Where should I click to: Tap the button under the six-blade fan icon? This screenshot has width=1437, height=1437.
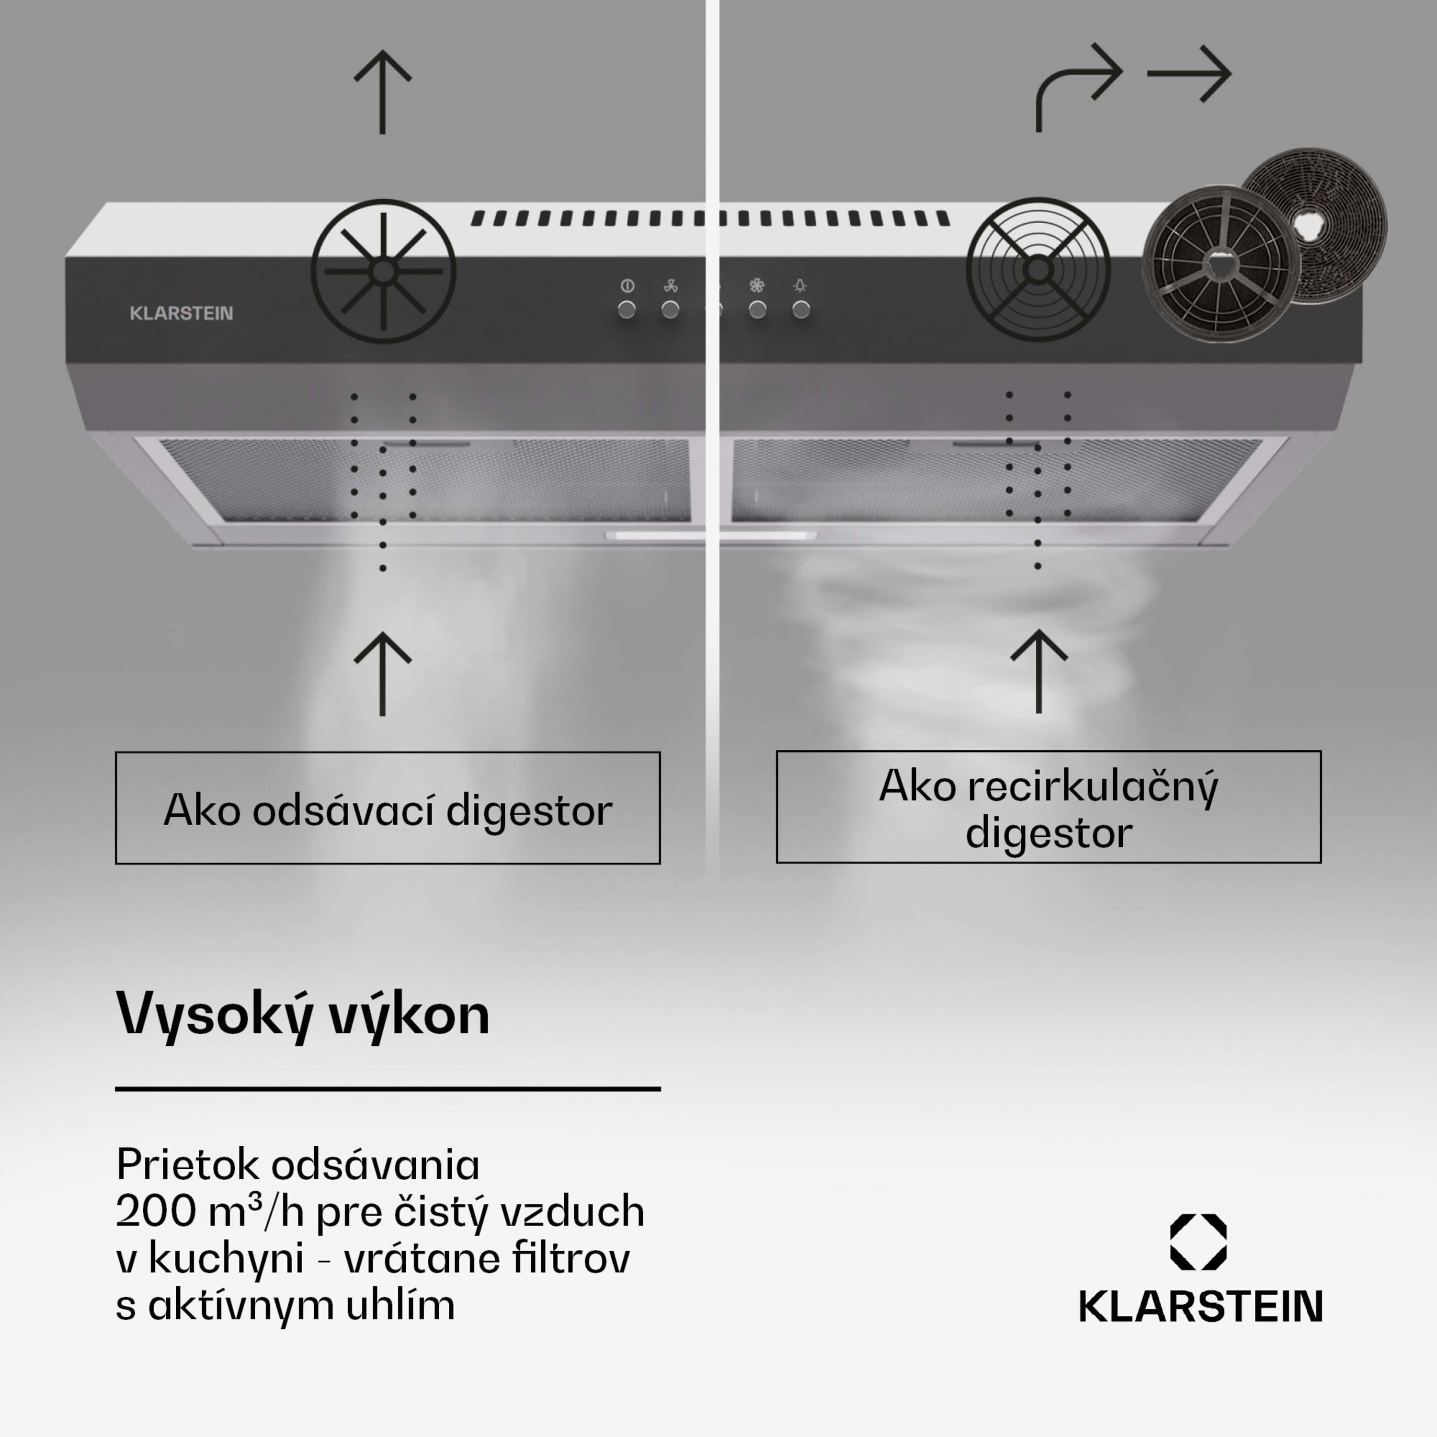(x=757, y=309)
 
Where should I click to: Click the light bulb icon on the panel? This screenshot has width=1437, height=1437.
(x=800, y=285)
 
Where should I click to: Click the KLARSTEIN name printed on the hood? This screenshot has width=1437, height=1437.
(x=182, y=313)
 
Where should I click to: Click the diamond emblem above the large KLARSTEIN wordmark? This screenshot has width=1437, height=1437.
(x=1198, y=1242)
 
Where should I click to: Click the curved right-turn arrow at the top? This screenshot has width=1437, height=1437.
(x=1077, y=86)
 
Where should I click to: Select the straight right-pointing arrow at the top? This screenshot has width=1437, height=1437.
(x=1188, y=74)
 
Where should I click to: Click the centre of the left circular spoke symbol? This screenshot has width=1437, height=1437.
(x=383, y=272)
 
